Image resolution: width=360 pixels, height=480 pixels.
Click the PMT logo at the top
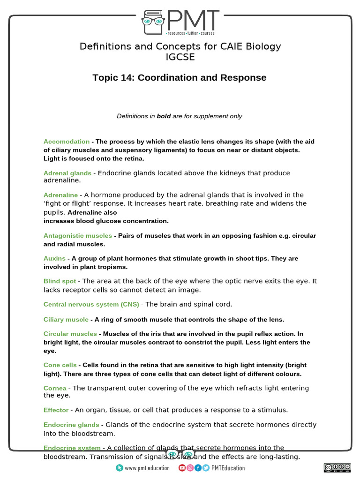[180, 22]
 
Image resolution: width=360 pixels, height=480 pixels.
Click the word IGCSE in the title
[180, 57]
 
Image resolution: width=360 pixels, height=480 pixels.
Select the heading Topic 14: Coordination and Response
[180, 78]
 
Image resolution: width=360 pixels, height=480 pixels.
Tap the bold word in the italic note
[164, 116]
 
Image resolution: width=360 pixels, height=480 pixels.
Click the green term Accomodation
[67, 142]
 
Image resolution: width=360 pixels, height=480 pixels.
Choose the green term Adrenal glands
[67, 173]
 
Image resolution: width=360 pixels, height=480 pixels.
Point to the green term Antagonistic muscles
[78, 236]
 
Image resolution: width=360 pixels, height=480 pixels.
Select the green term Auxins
[54, 259]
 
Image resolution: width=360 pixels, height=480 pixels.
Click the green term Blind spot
[60, 281]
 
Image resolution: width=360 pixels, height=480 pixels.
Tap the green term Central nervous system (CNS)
[91, 305]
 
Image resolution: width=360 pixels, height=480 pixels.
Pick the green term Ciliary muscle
[66, 320]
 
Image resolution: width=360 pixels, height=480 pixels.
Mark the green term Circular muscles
[70, 334]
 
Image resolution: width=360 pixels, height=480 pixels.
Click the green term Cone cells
[60, 365]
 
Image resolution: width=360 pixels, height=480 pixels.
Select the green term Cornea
[55, 389]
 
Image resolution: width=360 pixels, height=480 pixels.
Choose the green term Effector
[56, 410]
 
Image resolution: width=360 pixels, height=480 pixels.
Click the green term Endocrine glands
[71, 425]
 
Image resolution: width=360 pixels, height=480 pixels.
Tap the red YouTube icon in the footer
[182, 468]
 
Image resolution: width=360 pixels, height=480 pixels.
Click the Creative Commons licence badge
[337, 468]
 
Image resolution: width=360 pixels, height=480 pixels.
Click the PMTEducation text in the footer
[228, 468]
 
